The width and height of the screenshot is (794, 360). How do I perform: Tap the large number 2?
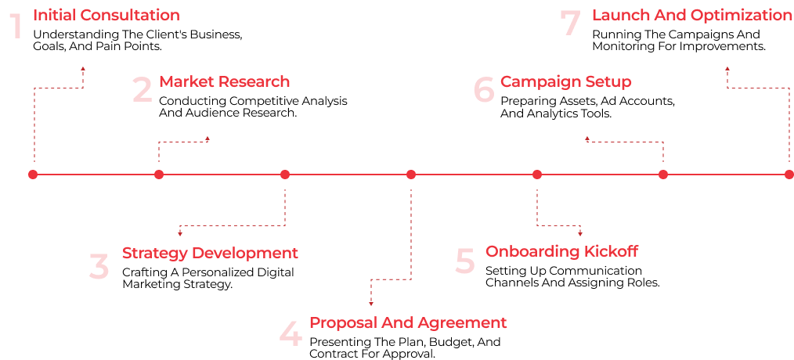143,90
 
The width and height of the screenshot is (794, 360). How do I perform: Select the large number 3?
99,267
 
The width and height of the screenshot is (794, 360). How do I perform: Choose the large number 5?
465,261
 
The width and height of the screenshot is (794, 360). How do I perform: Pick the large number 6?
485,90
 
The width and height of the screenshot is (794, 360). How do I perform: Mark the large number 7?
572,23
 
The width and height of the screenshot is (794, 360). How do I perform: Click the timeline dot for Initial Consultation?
33,175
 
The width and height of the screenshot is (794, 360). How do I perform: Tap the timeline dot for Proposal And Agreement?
411,175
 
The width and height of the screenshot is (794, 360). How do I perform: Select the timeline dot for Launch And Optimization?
789,175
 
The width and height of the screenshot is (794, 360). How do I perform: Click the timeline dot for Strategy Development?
285,175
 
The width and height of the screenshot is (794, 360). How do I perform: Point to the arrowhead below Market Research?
208,139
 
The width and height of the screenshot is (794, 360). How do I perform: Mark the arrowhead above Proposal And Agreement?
371,303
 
